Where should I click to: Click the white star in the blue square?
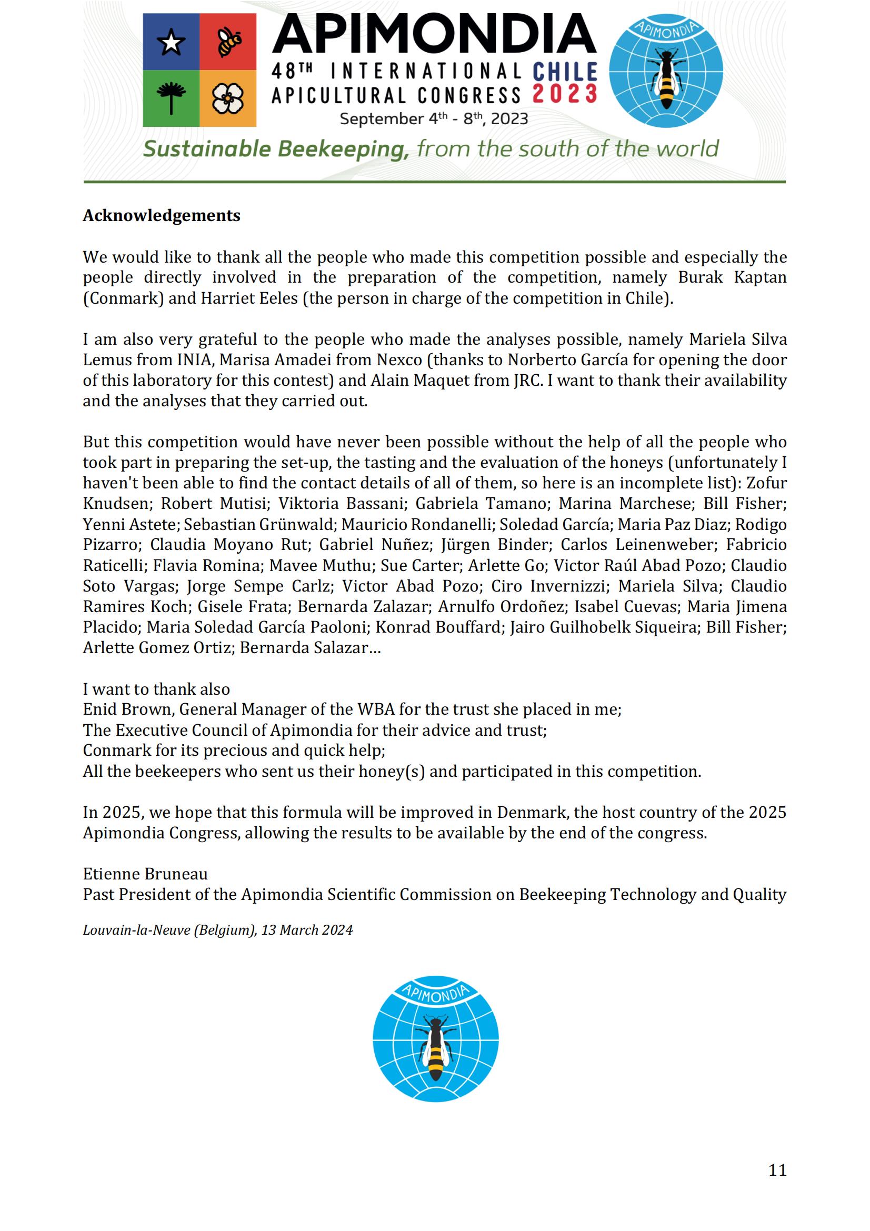[171, 42]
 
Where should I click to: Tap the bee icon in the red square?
[228, 42]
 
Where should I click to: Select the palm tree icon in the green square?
[171, 98]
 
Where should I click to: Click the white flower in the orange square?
[228, 98]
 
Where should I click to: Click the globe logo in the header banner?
[666, 70]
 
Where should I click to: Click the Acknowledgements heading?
[162, 216]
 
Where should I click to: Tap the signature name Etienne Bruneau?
[145, 874]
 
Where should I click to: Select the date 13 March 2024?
[307, 929]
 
